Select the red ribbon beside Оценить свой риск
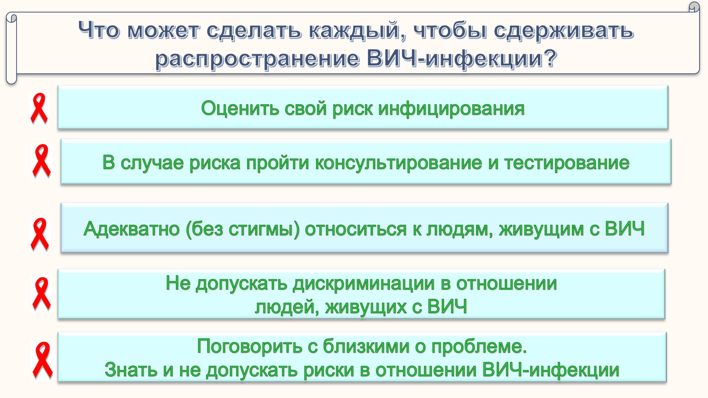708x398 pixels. tap(39, 108)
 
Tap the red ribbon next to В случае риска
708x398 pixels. tap(41, 161)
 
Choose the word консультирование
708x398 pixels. tap(398, 163)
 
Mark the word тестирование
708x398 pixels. tap(567, 163)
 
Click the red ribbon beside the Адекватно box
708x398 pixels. tap(39, 234)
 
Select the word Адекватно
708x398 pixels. tap(132, 229)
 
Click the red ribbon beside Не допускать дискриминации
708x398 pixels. tap(41, 293)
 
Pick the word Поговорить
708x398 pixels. tap(250, 346)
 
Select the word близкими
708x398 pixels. tap(366, 346)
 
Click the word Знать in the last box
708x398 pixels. tap(131, 370)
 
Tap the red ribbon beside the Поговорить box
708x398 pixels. tap(42, 360)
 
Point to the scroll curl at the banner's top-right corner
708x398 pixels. tap(694, 7)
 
